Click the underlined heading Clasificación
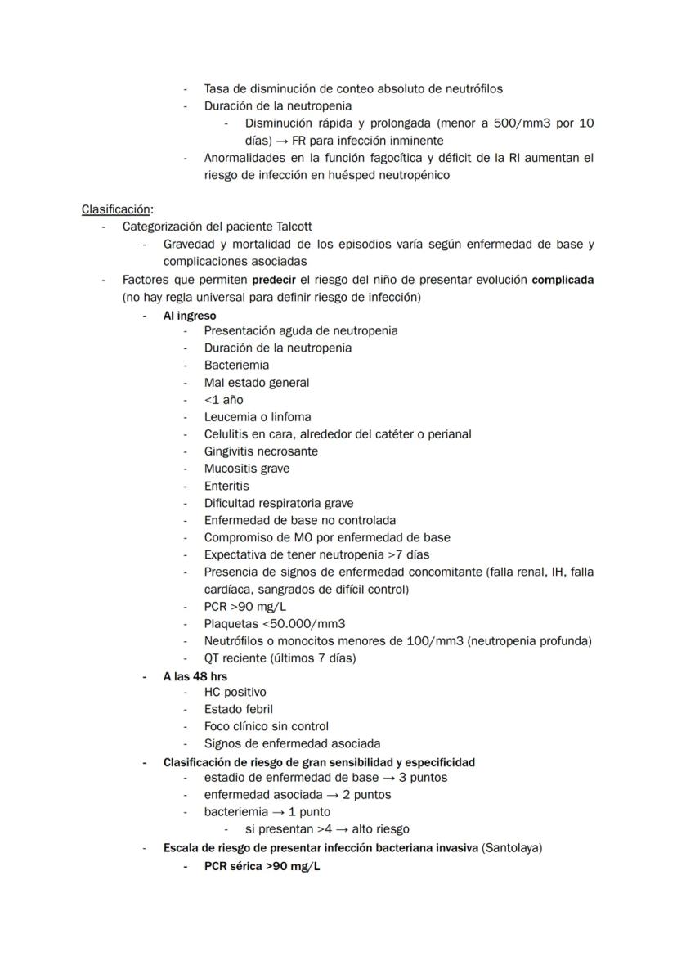tap(116, 209)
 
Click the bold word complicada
tap(563, 279)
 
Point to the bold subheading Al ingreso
tap(190, 315)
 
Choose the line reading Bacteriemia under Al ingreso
tap(236, 365)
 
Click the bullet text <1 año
tap(223, 400)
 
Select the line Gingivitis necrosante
tap(261, 451)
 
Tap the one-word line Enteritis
tap(226, 486)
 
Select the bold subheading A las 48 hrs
tap(195, 676)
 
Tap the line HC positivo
tap(235, 692)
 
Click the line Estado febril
tap(238, 709)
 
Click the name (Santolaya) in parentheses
tap(512, 848)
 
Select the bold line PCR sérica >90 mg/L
tap(262, 866)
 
